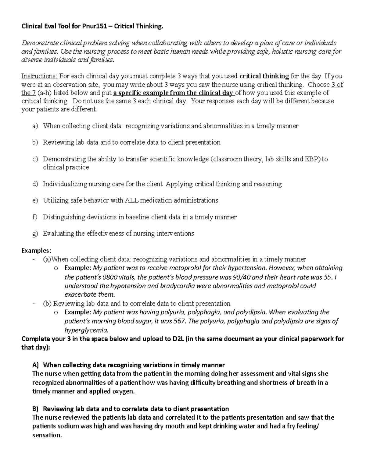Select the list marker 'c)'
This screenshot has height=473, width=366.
pos(35,159)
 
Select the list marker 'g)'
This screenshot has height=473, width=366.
pos(35,234)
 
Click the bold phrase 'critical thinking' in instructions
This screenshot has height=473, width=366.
pos(264,76)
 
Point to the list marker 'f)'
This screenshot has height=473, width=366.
pos(34,217)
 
